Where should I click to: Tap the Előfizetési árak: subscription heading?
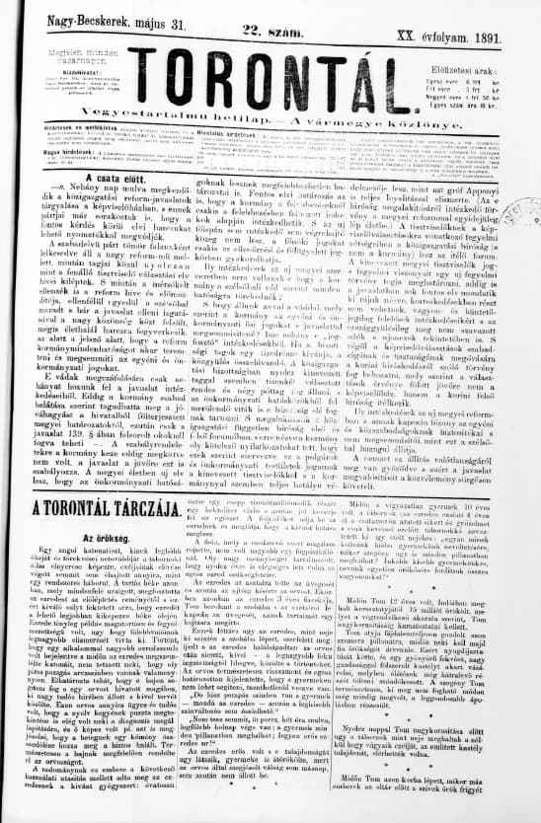coord(473,43)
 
